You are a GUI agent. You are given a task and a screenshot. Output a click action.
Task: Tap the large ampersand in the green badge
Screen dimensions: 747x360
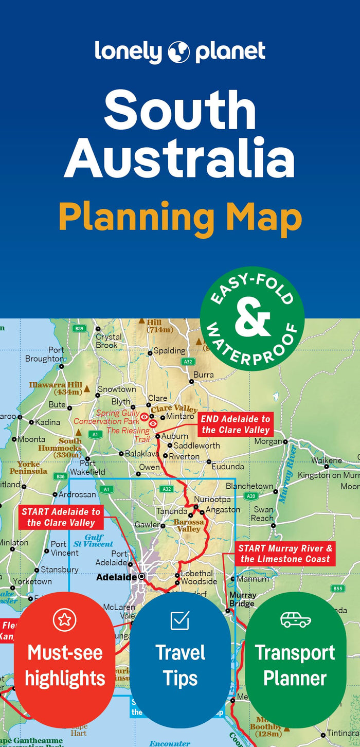click(252, 318)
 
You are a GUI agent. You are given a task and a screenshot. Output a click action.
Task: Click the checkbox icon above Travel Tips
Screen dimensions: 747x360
click(180, 620)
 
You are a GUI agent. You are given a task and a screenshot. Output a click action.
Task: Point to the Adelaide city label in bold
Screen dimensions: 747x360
click(116, 577)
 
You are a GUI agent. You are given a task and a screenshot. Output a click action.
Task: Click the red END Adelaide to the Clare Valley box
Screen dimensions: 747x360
click(236, 424)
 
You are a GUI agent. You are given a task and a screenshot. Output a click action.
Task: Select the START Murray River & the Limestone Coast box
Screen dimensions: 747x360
click(285, 554)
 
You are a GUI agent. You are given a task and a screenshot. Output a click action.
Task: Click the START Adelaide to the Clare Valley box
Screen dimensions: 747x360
click(61, 517)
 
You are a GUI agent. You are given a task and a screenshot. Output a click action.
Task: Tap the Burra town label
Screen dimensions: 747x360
click(203, 375)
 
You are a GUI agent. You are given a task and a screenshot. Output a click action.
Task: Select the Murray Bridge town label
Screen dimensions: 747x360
click(242, 599)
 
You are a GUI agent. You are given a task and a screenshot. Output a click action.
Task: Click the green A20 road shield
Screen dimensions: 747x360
click(250, 496)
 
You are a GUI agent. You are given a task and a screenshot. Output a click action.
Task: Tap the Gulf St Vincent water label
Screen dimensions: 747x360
click(93, 541)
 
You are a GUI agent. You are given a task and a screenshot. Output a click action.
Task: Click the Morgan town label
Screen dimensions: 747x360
click(267, 441)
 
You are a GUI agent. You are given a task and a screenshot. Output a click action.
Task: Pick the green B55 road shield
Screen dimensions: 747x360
click(337, 589)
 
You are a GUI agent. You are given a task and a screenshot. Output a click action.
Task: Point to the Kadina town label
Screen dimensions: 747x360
click(47, 422)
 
